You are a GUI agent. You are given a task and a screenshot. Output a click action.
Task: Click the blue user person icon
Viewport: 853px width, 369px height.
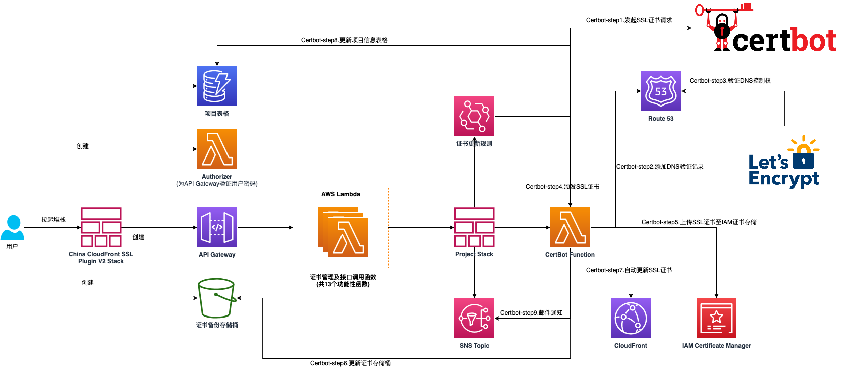coord(12,228)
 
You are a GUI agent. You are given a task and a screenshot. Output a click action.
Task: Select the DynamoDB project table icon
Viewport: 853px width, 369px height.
coord(217,86)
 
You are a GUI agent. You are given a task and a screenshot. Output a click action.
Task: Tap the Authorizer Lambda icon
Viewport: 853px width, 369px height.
coord(217,149)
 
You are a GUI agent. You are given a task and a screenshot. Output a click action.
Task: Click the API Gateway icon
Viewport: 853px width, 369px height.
coord(217,227)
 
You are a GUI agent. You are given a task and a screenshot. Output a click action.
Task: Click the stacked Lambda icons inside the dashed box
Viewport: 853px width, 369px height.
coord(344,232)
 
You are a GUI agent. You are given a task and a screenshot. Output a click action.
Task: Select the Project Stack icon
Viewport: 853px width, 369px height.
coord(474,227)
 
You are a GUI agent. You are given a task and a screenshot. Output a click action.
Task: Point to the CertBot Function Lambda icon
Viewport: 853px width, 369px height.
coord(570,227)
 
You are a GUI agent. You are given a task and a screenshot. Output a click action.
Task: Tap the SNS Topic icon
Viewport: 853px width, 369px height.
coord(474,318)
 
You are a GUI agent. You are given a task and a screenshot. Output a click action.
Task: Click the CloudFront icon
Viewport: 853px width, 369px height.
coord(631,318)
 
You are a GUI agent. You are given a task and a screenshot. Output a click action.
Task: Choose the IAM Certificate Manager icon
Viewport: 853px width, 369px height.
coord(716,318)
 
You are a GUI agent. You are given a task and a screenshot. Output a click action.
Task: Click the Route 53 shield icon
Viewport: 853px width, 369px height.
coord(661,91)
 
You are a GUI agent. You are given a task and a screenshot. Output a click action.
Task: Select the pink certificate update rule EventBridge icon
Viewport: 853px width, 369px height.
coord(474,116)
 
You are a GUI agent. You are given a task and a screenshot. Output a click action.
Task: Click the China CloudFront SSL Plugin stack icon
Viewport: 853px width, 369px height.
coord(101,227)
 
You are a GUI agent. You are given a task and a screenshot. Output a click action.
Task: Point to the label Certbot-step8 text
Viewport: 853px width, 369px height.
coord(344,40)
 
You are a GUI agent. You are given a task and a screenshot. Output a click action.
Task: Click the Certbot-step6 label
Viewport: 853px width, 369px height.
coord(350,363)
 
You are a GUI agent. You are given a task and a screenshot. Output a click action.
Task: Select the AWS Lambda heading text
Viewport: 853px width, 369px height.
coord(340,194)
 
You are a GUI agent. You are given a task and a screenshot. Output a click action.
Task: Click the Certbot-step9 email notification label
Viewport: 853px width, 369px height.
coord(531,313)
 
